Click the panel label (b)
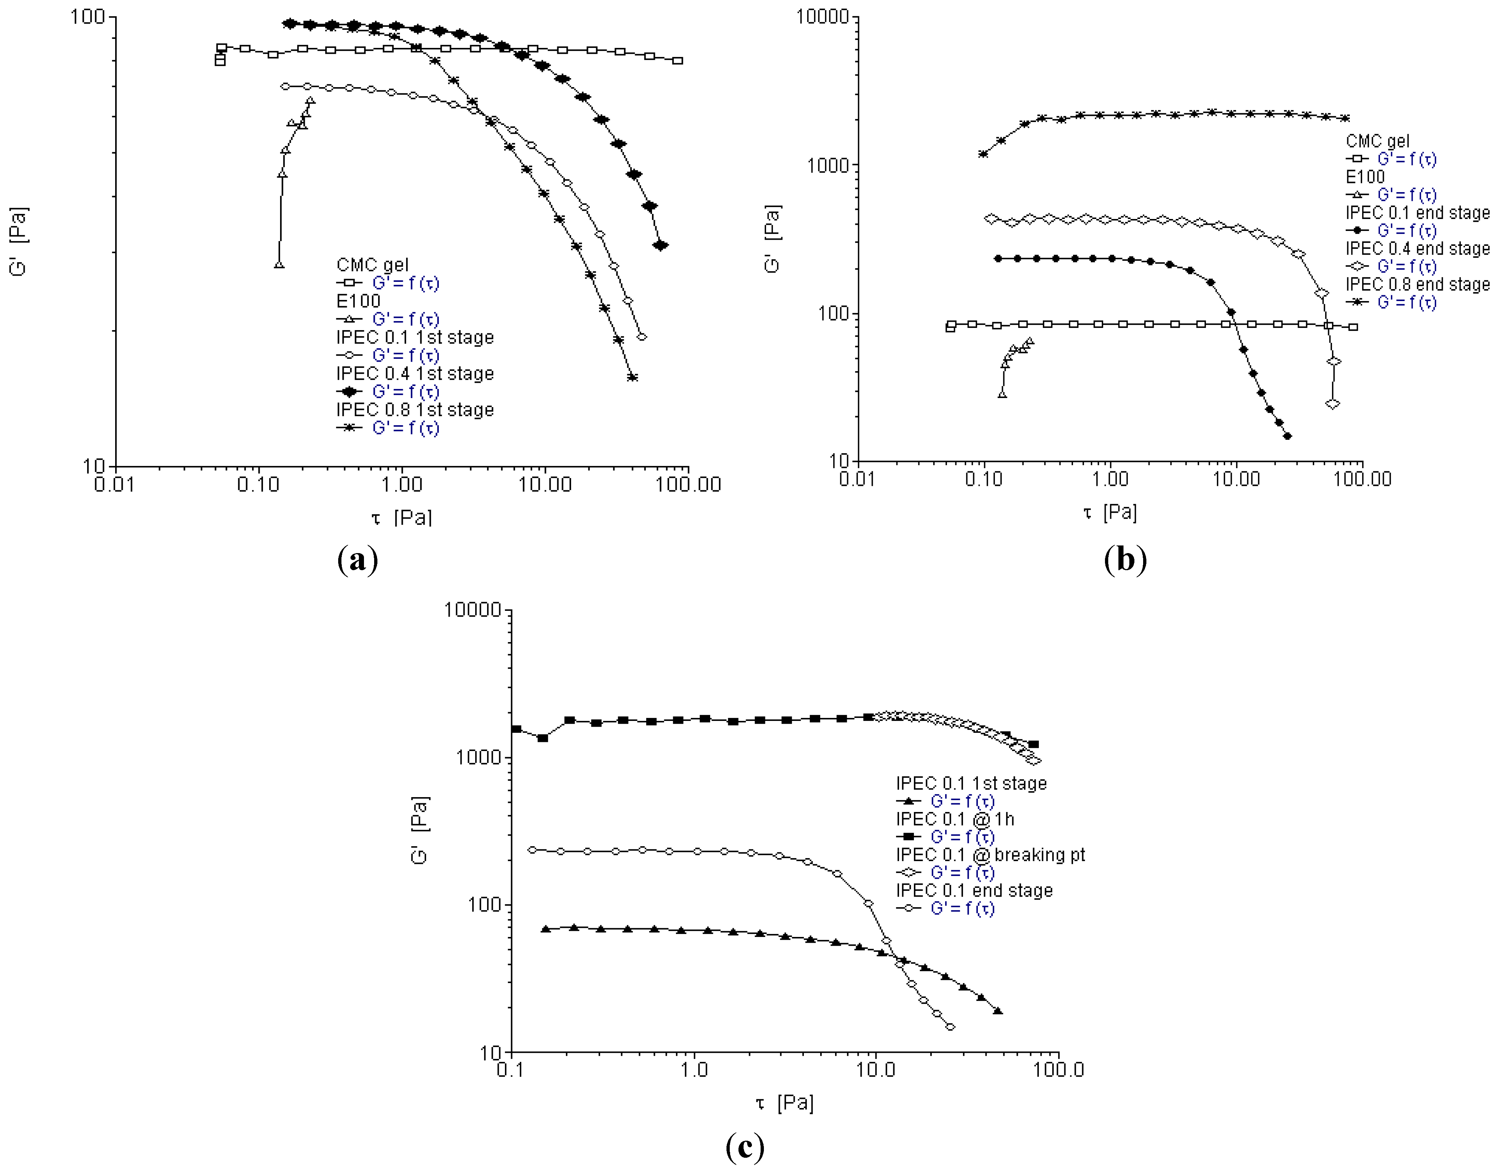(1125, 559)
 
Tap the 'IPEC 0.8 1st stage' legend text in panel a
(415, 410)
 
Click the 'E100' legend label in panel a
(358, 301)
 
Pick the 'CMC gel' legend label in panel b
(1377, 141)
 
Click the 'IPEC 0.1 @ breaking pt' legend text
(990, 855)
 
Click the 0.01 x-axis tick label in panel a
(114, 484)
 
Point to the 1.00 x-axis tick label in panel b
(1110, 479)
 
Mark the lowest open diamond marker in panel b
(1332, 403)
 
